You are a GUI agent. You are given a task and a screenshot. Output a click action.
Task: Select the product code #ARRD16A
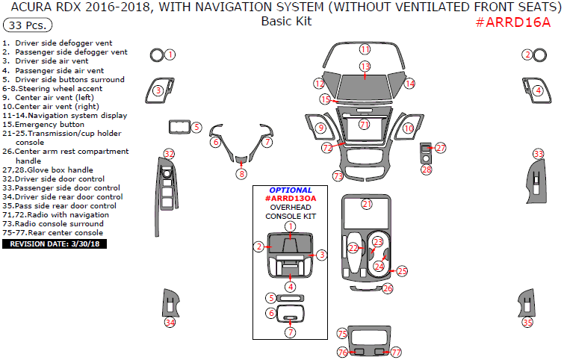513,21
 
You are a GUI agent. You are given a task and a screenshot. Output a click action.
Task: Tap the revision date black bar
55,243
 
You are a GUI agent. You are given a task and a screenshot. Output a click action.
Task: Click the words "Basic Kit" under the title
286,21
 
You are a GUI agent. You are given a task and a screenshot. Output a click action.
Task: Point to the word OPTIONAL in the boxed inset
291,190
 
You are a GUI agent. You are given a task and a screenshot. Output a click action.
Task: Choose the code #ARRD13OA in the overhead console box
291,199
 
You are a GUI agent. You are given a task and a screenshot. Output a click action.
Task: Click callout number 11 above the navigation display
365,49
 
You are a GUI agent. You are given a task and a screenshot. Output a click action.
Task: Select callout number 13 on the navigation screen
365,67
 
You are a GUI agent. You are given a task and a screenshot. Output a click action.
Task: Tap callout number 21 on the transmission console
366,204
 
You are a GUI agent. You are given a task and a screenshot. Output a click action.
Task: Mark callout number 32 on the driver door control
169,154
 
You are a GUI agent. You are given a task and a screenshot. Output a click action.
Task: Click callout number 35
528,323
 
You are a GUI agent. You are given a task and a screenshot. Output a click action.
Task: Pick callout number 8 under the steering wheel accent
241,174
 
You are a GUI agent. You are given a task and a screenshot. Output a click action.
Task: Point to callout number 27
441,148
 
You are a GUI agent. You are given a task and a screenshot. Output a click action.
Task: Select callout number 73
338,176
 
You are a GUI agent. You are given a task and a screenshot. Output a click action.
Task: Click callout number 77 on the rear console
396,352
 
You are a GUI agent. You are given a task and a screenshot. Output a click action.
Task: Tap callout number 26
387,288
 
